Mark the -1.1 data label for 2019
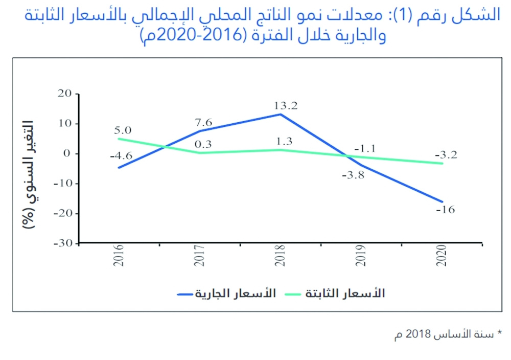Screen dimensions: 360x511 tap(365, 149)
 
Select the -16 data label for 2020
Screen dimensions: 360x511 tap(445, 210)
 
